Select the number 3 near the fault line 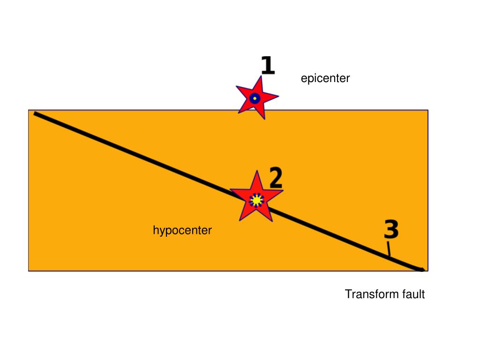click(x=391, y=229)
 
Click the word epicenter click(x=325, y=78)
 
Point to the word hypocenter click(x=182, y=230)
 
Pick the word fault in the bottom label click(x=413, y=294)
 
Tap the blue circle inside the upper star click(x=255, y=99)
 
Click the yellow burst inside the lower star click(x=256, y=200)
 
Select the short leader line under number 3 click(x=388, y=249)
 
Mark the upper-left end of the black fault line click(x=35, y=113)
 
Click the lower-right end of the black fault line click(x=423, y=270)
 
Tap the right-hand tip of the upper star click(x=278, y=97)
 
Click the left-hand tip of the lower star click(x=230, y=190)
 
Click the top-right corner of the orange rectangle click(x=427, y=110)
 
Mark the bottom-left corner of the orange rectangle click(x=29, y=270)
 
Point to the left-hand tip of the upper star click(x=236, y=87)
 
